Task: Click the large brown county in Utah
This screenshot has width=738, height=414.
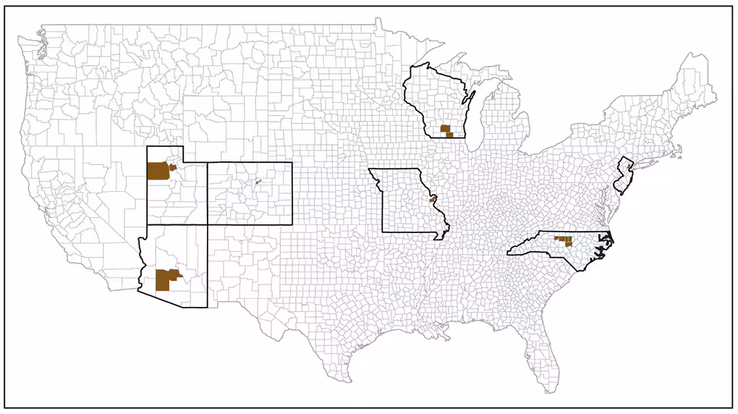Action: (x=157, y=171)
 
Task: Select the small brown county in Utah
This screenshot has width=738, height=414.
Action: (x=173, y=167)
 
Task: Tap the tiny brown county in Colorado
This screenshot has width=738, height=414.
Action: (x=257, y=182)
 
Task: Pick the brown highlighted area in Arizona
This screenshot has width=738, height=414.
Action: (x=166, y=279)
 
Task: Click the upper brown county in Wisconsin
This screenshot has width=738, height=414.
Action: (x=445, y=128)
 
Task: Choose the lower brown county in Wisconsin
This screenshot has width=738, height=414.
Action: (x=449, y=135)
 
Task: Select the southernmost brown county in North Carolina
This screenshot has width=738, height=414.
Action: (x=568, y=242)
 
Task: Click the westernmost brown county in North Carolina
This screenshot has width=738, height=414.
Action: (x=556, y=237)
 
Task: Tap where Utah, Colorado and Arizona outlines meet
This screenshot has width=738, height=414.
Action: (x=208, y=224)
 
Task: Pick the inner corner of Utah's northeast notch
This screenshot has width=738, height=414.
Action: (x=183, y=162)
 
